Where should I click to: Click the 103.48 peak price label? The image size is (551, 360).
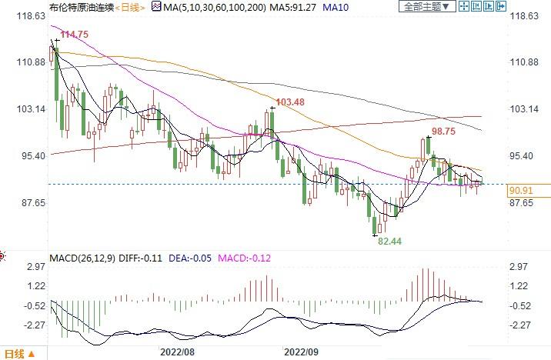pos(289,102)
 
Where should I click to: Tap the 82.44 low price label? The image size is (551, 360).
pos(389,241)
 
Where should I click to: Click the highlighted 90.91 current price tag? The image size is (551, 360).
pos(522,188)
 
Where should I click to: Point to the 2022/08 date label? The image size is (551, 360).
pos(176,352)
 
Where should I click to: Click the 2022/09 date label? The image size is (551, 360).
pos(301,352)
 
